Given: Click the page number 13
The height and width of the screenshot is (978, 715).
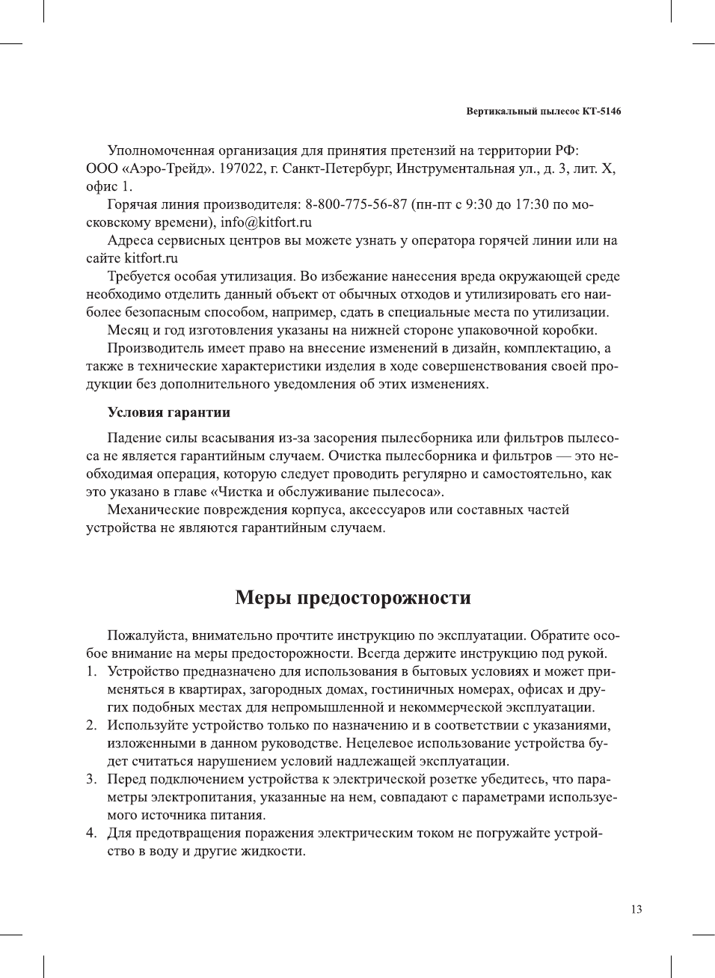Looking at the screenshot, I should [636, 909].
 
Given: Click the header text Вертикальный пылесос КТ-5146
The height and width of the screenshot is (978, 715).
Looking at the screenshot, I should [543, 111].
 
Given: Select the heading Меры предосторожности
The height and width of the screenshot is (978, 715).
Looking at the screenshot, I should [353, 597].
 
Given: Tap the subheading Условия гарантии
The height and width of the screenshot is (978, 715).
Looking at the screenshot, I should [168, 412].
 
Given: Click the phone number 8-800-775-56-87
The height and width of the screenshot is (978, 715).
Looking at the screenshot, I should [356, 204].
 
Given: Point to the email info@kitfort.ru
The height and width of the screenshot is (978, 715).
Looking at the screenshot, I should [266, 222].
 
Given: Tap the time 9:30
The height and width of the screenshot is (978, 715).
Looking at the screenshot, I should [478, 204].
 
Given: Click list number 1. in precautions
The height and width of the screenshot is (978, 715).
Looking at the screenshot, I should [90, 671].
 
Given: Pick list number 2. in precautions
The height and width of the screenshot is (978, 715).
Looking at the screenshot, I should [90, 725].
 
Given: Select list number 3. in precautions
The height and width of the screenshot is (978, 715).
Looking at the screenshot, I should [90, 779].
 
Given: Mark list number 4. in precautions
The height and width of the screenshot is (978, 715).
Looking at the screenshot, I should [90, 833].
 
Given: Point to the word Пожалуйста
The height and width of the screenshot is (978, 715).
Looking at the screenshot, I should [147, 635].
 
